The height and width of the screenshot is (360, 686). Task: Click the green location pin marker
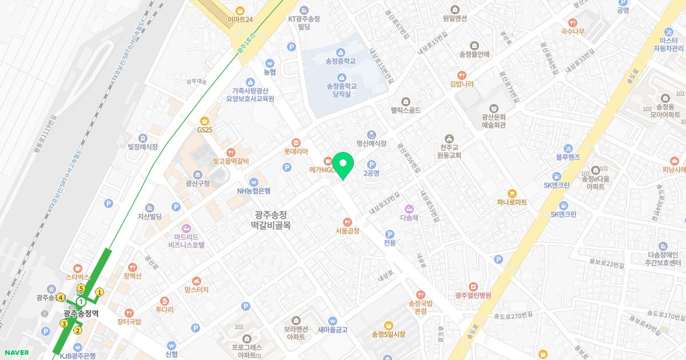tap(343, 166)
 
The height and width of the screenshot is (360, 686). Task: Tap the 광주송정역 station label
tap(81, 313)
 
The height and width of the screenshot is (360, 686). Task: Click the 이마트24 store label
tap(240, 19)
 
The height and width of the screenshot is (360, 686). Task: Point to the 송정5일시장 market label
tap(388, 334)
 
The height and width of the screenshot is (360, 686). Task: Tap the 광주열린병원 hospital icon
tap(473, 286)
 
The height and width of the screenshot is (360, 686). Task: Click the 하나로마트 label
tap(512, 202)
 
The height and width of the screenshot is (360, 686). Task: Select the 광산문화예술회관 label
tap(493, 121)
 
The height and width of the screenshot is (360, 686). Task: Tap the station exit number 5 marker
tap(81, 289)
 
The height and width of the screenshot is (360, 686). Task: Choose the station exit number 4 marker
tap(60, 297)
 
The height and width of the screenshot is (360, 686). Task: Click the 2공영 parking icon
tap(370, 165)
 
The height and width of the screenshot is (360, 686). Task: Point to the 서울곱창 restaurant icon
tap(347, 222)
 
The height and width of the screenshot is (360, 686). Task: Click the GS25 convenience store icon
tap(204, 121)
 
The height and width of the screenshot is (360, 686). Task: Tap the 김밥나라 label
tap(461, 84)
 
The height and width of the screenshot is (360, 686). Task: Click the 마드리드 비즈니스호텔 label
tap(186, 240)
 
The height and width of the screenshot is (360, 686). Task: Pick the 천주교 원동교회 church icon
tap(449, 139)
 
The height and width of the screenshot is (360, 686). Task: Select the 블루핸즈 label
tap(568, 157)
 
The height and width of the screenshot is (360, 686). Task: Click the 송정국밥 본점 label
tap(421, 307)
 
